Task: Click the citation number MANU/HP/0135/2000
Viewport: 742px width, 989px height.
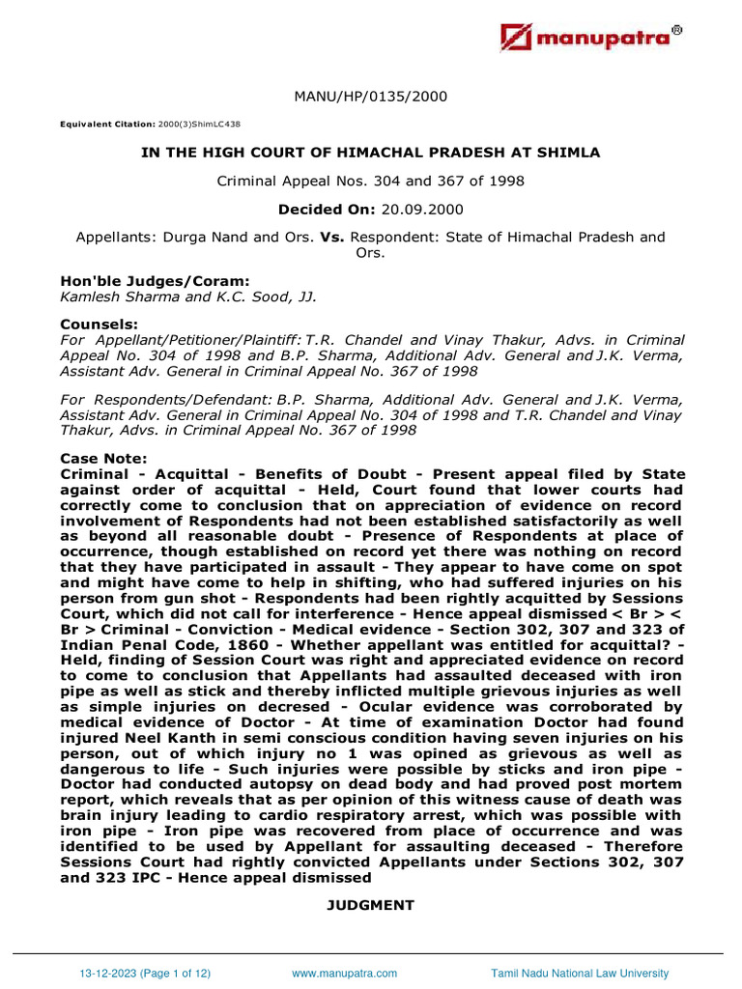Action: click(x=371, y=97)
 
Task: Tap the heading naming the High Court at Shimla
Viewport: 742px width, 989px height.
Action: click(x=371, y=153)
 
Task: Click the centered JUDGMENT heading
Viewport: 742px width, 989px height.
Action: click(x=371, y=905)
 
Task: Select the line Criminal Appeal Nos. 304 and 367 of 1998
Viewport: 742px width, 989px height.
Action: click(x=371, y=181)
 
